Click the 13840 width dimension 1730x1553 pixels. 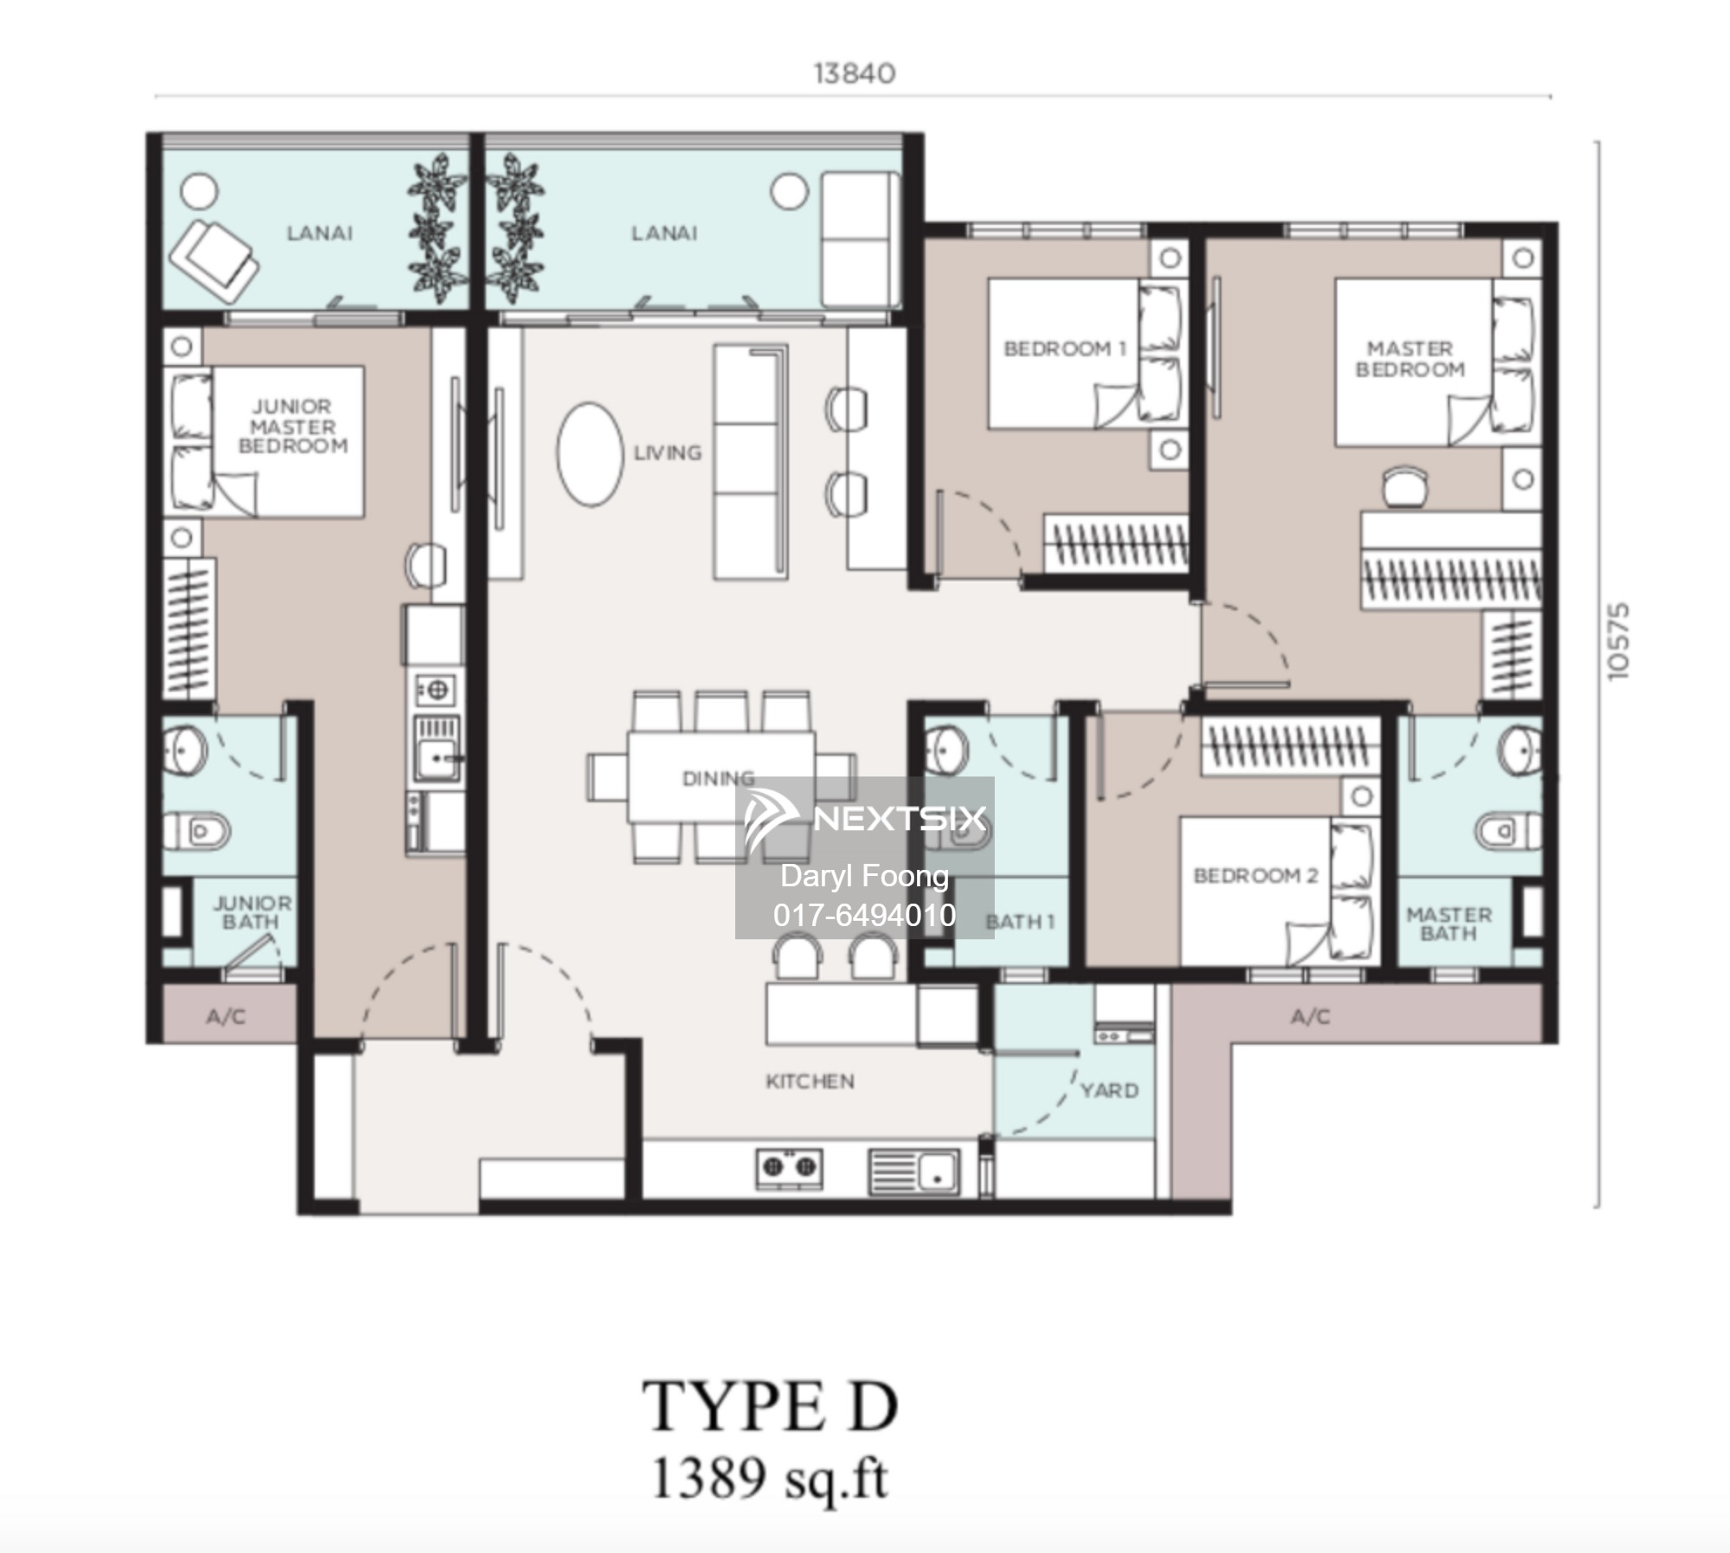pos(855,73)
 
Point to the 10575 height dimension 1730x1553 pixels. pos(1618,641)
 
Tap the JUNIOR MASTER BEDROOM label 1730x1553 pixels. pos(292,426)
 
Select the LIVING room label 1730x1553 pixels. pos(668,452)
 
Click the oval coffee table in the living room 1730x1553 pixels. pos(591,454)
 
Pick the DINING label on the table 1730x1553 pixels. pos(719,779)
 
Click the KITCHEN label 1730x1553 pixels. pos(810,1081)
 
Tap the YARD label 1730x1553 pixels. pos(1110,1090)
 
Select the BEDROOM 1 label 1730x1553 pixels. pos(1065,348)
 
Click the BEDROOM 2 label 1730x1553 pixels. pos(1256,875)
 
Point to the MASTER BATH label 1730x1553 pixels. pos(1449,923)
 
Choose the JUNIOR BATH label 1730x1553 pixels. pos(252,912)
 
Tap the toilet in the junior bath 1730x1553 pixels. pos(196,832)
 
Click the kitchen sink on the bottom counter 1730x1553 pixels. pos(913,1172)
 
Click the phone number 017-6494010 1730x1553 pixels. pos(865,914)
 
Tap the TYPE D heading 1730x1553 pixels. pos(770,1407)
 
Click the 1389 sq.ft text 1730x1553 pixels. pos(770,1480)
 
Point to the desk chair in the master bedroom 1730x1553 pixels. pos(1406,487)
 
